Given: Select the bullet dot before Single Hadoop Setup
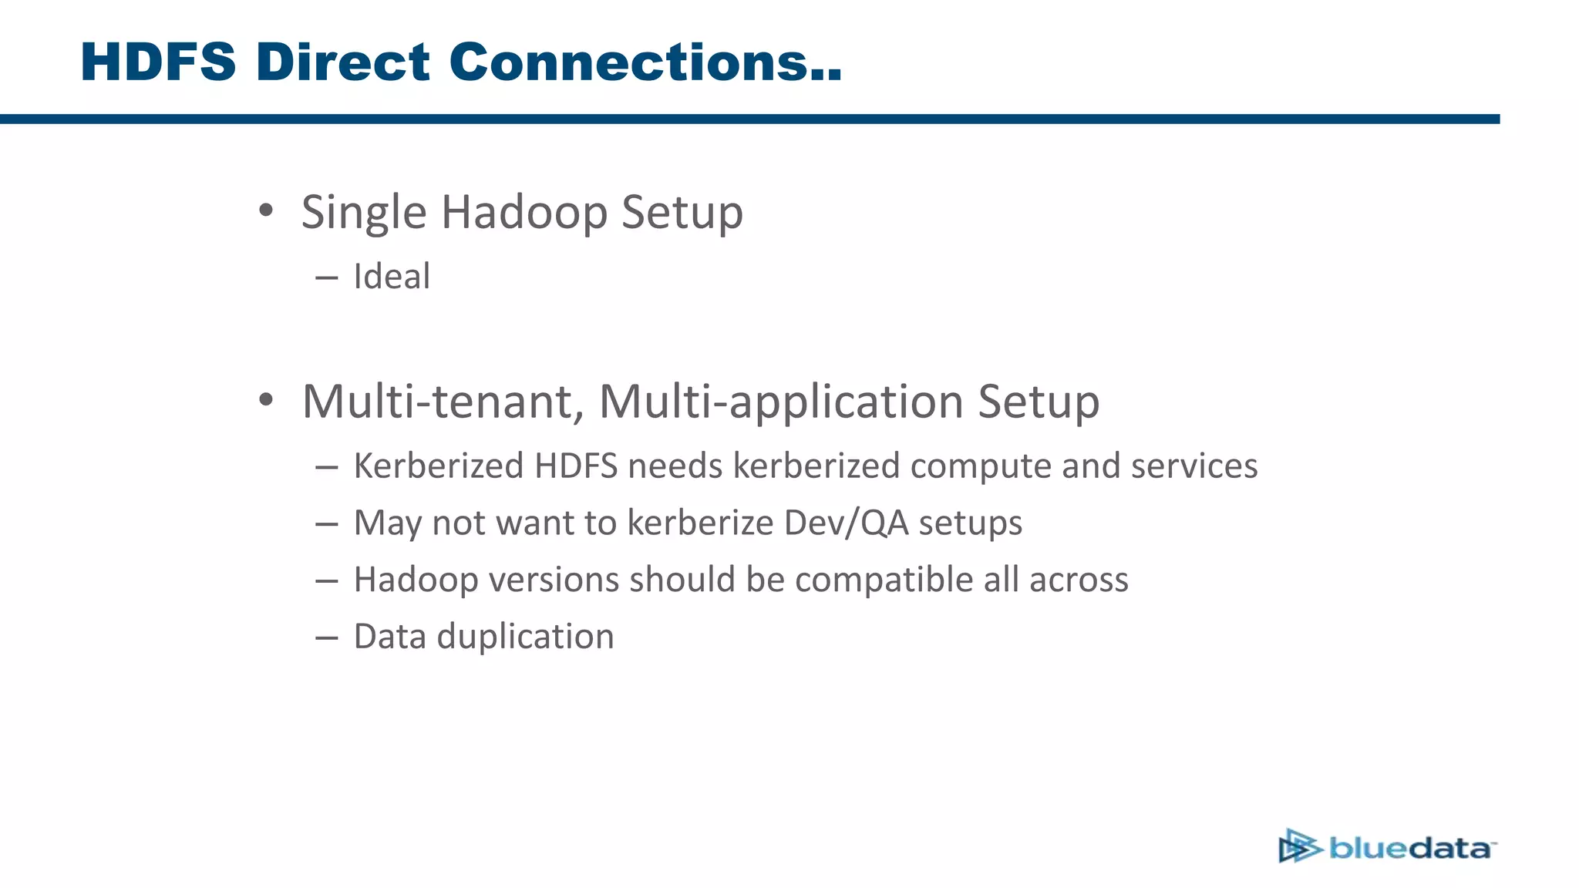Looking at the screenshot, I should [x=266, y=210].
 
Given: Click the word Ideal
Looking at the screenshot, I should [x=392, y=277].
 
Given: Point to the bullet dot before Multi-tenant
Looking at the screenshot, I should [x=266, y=400].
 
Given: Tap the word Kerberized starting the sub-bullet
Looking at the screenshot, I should [x=438, y=466].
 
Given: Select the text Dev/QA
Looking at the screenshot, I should [x=846, y=523].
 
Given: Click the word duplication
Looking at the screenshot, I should [x=525, y=637].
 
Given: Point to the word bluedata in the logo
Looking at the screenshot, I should [x=1411, y=849].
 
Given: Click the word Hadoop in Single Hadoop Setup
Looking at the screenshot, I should [x=524, y=213].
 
